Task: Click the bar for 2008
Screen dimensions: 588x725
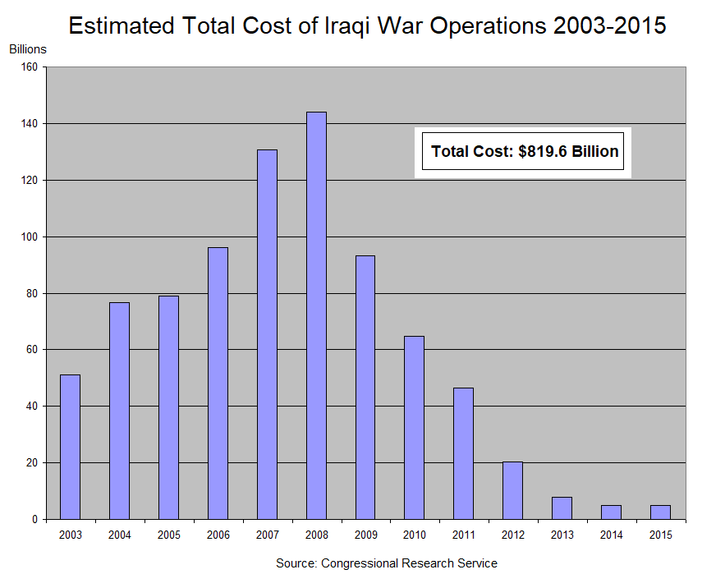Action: [x=316, y=315]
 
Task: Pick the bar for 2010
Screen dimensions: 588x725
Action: [x=415, y=427]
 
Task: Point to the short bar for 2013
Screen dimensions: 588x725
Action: [x=562, y=508]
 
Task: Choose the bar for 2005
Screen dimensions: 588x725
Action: [x=168, y=407]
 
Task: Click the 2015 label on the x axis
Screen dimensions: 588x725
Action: [x=660, y=535]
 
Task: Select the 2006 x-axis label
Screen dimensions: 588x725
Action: [x=218, y=535]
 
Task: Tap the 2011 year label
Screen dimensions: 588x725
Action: [x=463, y=535]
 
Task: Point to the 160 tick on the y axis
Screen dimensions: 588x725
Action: [x=30, y=67]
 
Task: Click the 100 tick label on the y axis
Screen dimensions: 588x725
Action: [x=30, y=237]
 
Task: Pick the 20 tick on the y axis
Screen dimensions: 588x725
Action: [x=33, y=463]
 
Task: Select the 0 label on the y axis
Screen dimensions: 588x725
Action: [x=35, y=520]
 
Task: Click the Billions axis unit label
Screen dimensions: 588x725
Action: [x=28, y=49]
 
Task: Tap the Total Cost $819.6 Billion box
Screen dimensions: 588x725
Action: [x=523, y=152]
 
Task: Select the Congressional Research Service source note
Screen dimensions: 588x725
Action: [x=386, y=563]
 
